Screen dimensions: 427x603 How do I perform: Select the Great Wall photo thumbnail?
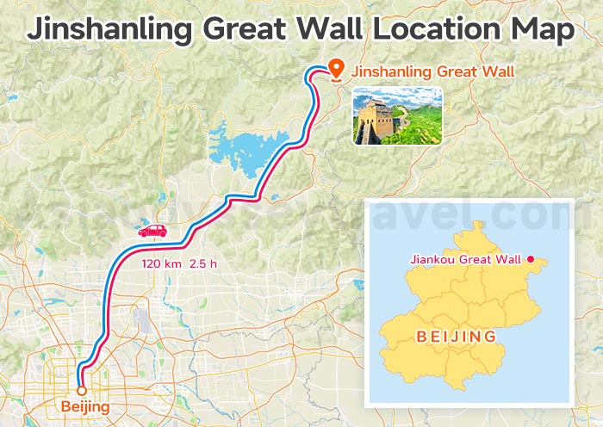pyautogui.click(x=397, y=115)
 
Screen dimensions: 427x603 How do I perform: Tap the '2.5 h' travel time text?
pyautogui.click(x=204, y=263)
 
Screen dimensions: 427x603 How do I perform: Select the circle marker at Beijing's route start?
pyautogui.click(x=82, y=390)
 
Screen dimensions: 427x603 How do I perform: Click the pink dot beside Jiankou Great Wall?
pyautogui.click(x=532, y=259)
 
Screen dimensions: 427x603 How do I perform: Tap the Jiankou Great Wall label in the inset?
pyautogui.click(x=466, y=259)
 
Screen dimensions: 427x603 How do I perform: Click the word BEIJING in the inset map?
pyautogui.click(x=456, y=336)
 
